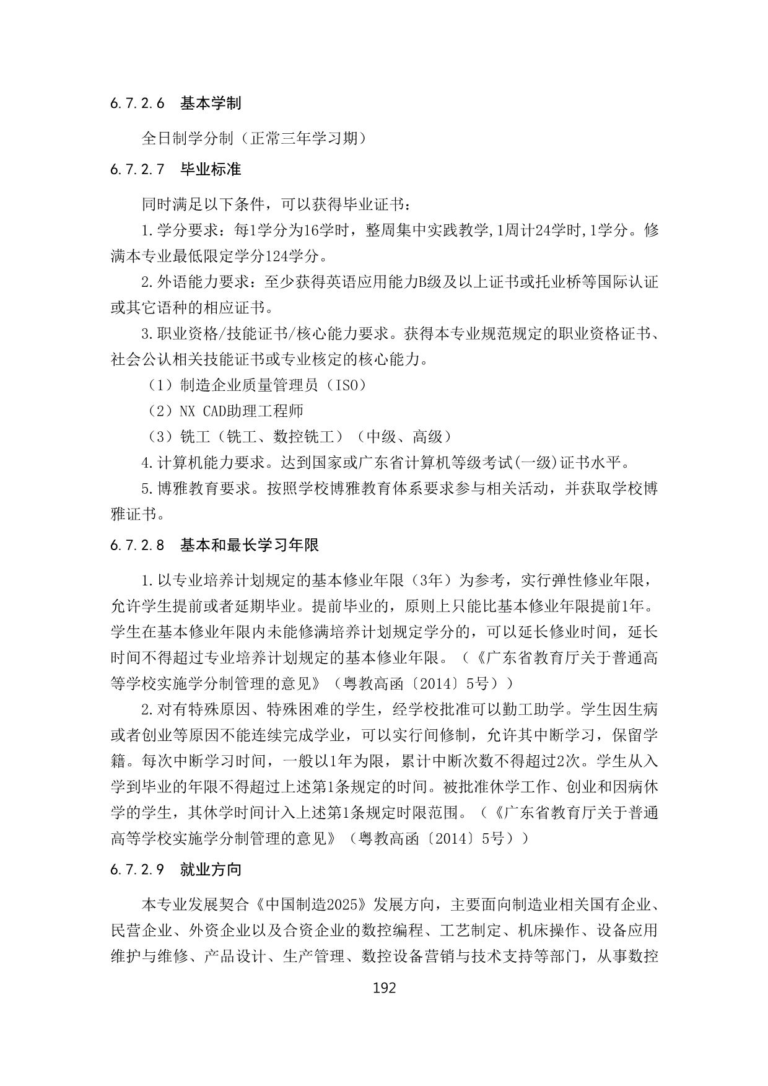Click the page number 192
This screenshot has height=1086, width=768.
[x=384, y=988]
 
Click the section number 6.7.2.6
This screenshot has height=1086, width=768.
[x=137, y=103]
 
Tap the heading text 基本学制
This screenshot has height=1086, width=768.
[x=211, y=103]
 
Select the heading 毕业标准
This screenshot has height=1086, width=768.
[x=211, y=169]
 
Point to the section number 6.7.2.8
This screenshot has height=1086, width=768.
[x=137, y=545]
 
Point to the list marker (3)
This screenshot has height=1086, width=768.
[x=160, y=437]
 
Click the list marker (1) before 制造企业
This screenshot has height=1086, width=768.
[x=160, y=385]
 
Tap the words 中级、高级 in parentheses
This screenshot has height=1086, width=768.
[x=404, y=437]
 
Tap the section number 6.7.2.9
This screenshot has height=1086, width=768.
[x=137, y=869]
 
